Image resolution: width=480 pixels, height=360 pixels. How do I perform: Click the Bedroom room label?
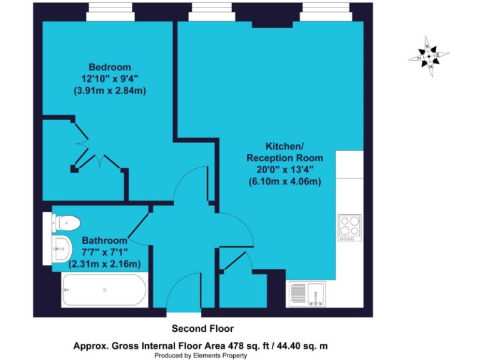click(x=109, y=67)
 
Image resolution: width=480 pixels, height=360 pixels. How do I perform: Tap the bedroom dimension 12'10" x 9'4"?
click(x=109, y=79)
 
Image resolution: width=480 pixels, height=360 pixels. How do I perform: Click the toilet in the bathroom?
click(x=65, y=221)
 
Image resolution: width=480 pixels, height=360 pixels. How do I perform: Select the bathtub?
click(x=104, y=291)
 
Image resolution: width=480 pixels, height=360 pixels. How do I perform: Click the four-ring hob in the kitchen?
click(x=349, y=228)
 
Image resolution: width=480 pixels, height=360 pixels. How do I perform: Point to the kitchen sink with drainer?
click(x=308, y=294)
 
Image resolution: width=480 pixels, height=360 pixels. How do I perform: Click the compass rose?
click(x=429, y=56)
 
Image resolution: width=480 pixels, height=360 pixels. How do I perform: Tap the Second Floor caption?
click(x=202, y=328)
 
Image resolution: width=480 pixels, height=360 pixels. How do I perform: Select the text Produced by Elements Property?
click(x=202, y=356)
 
